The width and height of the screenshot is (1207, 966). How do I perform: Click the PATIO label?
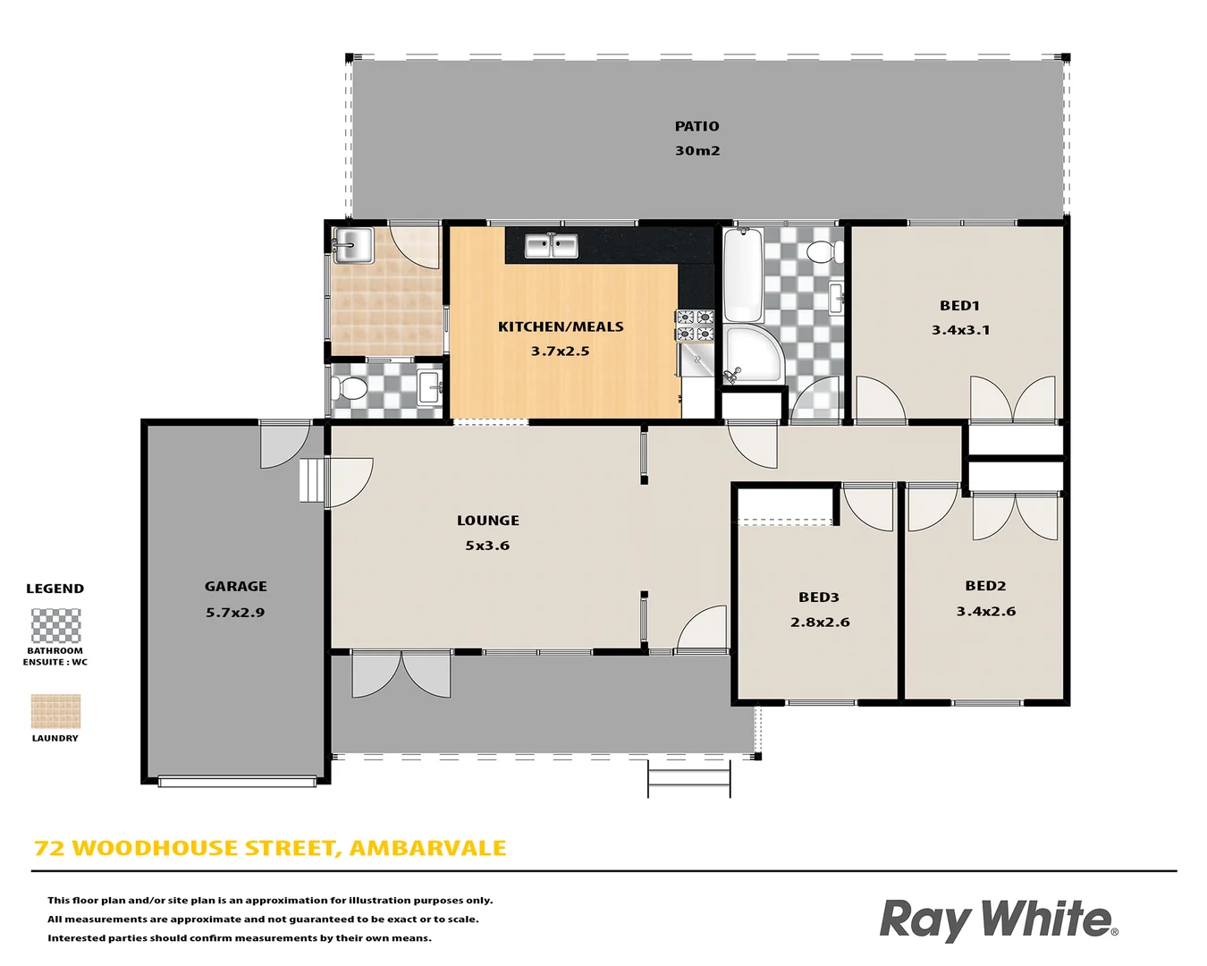tap(696, 126)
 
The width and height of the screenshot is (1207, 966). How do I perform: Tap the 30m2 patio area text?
tap(696, 150)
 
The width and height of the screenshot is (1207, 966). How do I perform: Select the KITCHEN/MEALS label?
tap(561, 326)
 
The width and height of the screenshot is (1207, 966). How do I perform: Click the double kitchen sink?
tap(551, 245)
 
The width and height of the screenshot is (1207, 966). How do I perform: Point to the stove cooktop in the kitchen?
tap(695, 326)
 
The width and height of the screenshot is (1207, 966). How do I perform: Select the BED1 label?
tap(959, 305)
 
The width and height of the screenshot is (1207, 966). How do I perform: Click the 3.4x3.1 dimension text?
tap(960, 330)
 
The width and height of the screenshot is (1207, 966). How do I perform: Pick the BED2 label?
tap(985, 586)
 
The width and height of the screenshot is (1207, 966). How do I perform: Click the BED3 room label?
tap(818, 597)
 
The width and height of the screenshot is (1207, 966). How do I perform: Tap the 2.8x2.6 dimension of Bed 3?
tap(820, 623)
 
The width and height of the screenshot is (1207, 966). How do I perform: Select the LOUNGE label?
tap(487, 521)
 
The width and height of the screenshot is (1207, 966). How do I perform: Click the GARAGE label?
tap(235, 587)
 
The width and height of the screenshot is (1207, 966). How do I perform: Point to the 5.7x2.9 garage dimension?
tap(235, 613)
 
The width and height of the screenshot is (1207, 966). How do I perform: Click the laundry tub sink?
tap(352, 245)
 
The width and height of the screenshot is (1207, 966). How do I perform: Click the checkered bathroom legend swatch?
tap(55, 626)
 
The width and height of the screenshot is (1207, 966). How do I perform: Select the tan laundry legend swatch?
tap(55, 712)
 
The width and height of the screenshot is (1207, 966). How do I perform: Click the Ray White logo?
tap(998, 919)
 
